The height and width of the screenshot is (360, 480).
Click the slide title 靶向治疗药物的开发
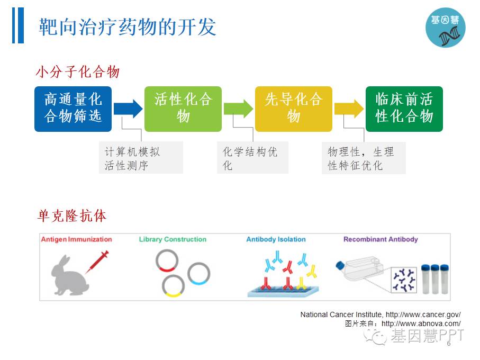[x=128, y=27]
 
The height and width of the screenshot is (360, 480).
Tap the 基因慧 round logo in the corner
[x=445, y=28]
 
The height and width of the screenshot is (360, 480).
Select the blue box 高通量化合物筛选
[x=73, y=109]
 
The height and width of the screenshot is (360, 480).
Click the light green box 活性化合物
[x=183, y=109]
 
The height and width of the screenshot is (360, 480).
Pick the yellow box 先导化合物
[x=293, y=109]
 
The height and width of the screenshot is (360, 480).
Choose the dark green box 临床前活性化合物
[x=404, y=109]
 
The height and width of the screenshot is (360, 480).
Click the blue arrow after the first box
[x=128, y=109]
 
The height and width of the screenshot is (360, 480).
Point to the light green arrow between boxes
[x=238, y=109]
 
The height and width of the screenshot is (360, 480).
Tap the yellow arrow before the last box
[x=348, y=109]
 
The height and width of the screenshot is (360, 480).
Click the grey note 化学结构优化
[x=253, y=158]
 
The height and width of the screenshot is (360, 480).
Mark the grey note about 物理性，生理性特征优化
[x=364, y=158]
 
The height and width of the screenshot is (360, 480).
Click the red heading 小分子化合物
[x=77, y=71]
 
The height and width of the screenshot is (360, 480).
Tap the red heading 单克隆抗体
[x=71, y=215]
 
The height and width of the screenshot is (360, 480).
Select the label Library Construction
[x=173, y=239]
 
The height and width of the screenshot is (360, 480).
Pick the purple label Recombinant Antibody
[x=381, y=239]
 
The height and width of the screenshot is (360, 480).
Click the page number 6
[x=449, y=344]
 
